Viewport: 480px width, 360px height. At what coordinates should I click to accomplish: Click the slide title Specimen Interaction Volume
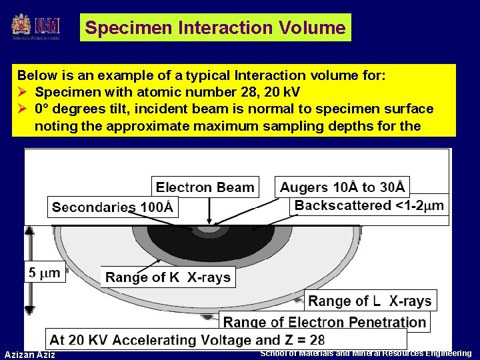pyautogui.click(x=215, y=28)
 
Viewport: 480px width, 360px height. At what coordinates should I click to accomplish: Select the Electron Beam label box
pyautogui.click(x=205, y=188)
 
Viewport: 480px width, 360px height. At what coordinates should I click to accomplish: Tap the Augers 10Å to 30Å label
pyautogui.click(x=342, y=187)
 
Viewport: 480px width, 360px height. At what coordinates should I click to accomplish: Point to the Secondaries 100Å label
pyautogui.click(x=112, y=207)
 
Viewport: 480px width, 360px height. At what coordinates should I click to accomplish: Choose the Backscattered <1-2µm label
pyautogui.click(x=369, y=206)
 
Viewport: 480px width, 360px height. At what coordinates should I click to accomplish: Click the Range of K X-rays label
pyautogui.click(x=168, y=277)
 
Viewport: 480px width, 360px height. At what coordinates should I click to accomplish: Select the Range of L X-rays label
pyautogui.click(x=370, y=301)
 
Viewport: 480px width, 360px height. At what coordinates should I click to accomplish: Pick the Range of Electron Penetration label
pyautogui.click(x=324, y=322)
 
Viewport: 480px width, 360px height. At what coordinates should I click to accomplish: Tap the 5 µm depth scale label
pyautogui.click(x=45, y=272)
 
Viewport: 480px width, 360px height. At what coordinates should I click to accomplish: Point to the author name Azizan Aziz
pyautogui.click(x=30, y=354)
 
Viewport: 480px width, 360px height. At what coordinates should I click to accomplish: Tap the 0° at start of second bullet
pyautogui.click(x=43, y=109)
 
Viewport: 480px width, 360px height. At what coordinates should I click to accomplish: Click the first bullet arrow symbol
pyautogui.click(x=23, y=92)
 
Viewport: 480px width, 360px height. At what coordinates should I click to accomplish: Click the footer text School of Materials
pyautogui.click(x=365, y=353)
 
